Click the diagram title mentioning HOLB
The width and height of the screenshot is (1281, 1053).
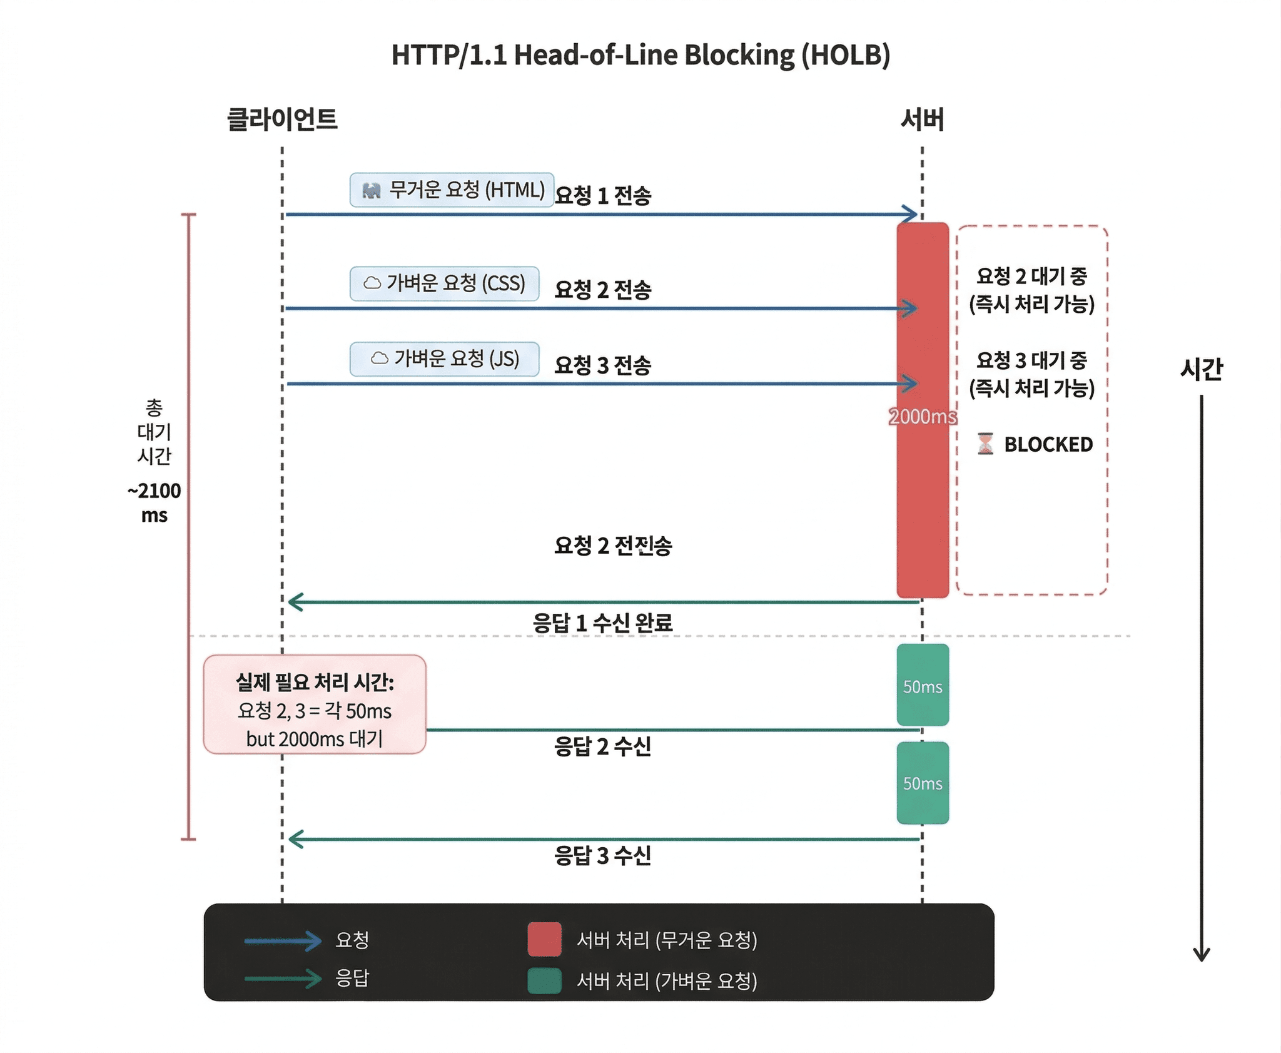coord(640,55)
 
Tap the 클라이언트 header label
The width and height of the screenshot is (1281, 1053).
coord(282,119)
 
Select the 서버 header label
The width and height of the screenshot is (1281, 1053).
coord(922,119)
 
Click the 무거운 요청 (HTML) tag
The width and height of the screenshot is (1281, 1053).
coord(452,190)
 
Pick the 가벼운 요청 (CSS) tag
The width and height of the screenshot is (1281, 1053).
coord(444,283)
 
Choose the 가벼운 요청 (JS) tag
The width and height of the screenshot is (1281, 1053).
coord(444,359)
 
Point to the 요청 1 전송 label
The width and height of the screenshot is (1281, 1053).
coord(603,196)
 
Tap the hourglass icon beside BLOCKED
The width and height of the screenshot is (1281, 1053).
coord(985,444)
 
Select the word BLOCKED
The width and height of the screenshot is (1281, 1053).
coord(1048,444)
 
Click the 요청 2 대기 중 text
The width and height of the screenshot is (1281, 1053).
coord(1032,276)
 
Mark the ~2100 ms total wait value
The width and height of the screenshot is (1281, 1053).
coord(154,502)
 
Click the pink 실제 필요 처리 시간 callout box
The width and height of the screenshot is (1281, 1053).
coord(315,704)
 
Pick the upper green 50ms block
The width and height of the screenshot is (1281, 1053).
coord(923,685)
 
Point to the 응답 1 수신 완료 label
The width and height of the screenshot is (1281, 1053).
coord(602,623)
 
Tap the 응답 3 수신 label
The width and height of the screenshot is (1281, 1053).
coord(602,855)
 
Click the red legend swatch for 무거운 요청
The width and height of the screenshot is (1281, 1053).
coord(544,939)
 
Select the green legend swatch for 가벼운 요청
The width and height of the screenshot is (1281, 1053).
coord(544,980)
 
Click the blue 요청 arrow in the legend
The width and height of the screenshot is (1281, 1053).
coord(283,940)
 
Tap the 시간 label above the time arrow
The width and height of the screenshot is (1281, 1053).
coord(1201,369)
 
